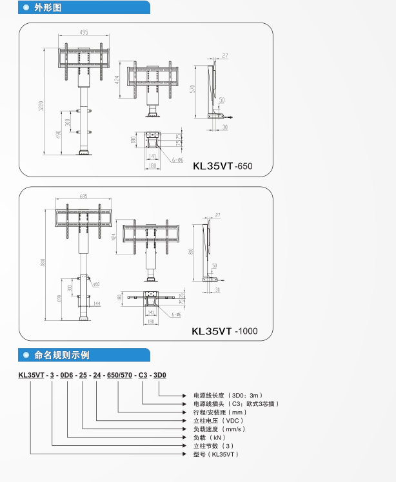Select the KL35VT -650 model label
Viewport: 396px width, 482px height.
pyautogui.click(x=223, y=166)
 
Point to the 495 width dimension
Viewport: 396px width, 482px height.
pyautogui.click(x=84, y=32)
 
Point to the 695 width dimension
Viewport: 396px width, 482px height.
pyautogui.click(x=83, y=196)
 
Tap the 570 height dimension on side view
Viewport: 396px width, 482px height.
pyautogui.click(x=192, y=89)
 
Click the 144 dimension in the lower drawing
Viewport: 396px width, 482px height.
pyautogui.click(x=97, y=303)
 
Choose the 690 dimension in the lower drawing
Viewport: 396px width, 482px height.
pyautogui.click(x=57, y=299)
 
